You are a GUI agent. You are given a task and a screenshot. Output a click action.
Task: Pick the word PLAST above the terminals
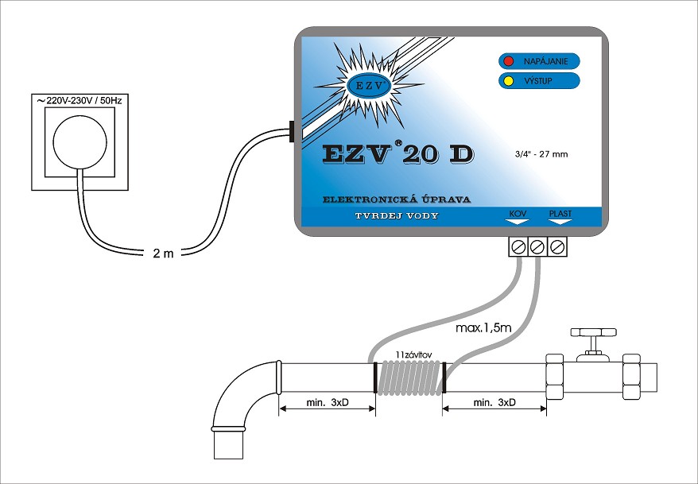point(559,213)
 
